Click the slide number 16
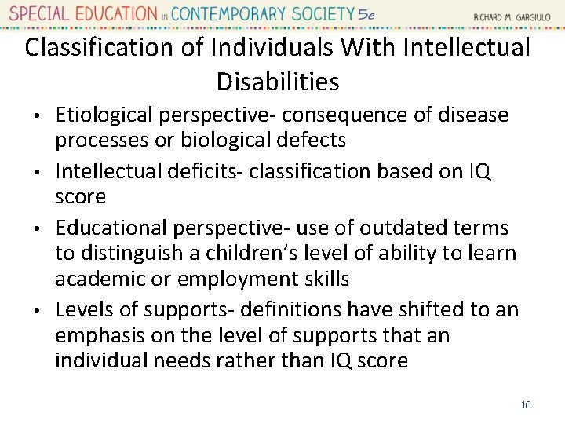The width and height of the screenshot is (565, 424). (x=526, y=404)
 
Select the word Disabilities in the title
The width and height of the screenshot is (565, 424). (x=278, y=81)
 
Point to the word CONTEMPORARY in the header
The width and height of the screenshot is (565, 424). (x=237, y=14)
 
